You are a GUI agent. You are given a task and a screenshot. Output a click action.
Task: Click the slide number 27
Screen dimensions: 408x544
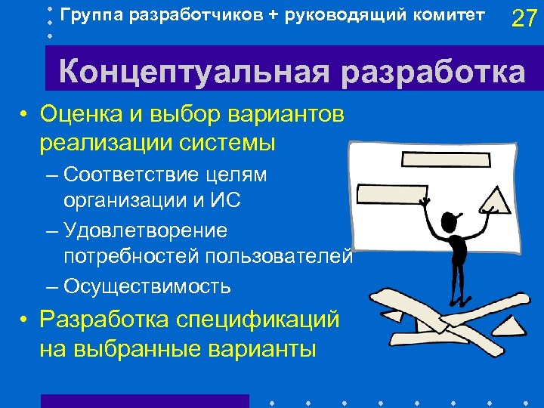(524, 18)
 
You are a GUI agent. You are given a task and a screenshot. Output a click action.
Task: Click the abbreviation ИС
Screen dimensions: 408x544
(227, 202)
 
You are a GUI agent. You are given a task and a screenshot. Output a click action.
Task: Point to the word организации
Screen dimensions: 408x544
(119, 202)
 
